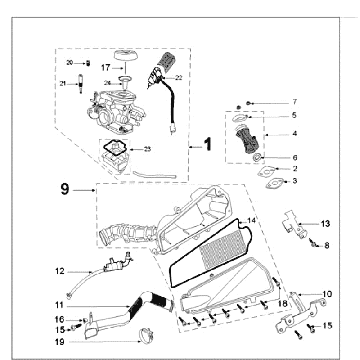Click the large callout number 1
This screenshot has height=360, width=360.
point(208,144)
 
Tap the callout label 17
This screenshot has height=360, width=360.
point(104,68)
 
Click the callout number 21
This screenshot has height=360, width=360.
point(61,82)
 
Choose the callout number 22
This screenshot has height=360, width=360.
point(178,76)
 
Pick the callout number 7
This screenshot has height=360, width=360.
point(295,102)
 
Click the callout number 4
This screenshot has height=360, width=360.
point(293,132)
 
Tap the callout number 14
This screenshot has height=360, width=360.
point(252,220)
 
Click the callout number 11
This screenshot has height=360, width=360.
point(58,303)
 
